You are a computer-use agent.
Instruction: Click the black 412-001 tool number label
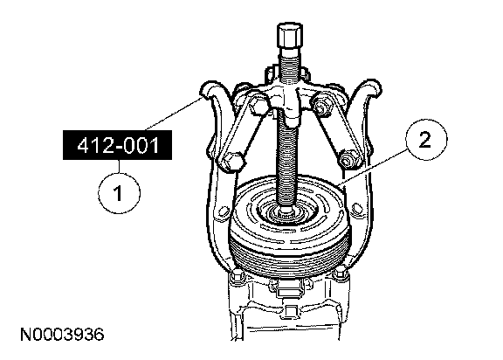click(x=117, y=145)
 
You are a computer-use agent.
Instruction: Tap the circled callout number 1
click(x=119, y=193)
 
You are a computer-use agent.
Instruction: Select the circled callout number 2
click(x=426, y=140)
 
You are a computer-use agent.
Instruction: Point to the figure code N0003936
click(x=62, y=335)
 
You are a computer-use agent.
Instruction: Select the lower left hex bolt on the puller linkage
click(x=231, y=163)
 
